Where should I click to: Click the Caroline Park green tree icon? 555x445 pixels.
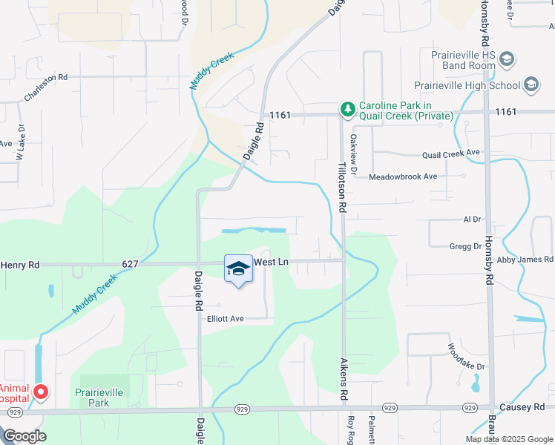point(347,111)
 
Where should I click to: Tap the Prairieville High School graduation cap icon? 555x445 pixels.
point(531,85)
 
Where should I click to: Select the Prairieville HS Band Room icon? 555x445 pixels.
point(507,59)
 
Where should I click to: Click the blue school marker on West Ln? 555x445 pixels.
point(238,268)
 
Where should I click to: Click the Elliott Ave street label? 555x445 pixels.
point(226,319)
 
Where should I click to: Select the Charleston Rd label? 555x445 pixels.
point(46,87)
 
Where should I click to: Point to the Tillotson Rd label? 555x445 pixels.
point(343,188)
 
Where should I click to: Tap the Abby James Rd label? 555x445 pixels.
point(525,259)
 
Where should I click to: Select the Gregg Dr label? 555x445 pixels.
point(465,245)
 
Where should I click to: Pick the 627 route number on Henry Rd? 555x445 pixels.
point(131,263)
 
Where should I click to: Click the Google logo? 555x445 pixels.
point(25,437)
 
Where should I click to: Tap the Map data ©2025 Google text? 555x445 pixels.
point(508,439)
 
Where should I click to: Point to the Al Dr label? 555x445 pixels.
point(472,220)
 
